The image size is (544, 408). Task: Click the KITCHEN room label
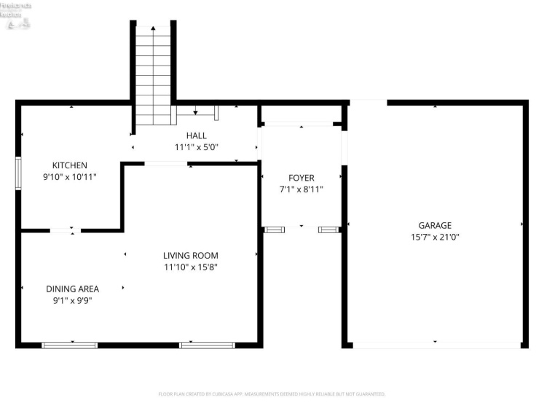[x=70, y=165]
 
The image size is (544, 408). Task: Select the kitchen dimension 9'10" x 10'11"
[x=70, y=176]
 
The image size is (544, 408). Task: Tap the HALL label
[x=196, y=136]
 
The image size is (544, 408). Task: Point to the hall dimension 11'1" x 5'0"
[x=196, y=146]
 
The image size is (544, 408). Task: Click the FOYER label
[x=301, y=178]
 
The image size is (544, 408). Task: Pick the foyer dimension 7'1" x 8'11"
[x=301, y=189]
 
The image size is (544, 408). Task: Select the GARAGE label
[x=435, y=225]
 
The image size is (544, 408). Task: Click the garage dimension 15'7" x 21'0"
[x=435, y=236]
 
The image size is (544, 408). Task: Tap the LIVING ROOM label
[x=190, y=255]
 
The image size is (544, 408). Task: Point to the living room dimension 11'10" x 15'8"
[x=190, y=267]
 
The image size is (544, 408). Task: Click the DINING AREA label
[x=72, y=289]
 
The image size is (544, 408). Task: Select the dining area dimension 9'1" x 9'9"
[x=72, y=299]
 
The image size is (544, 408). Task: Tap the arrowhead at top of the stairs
[x=154, y=28]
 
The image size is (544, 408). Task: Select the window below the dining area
[x=70, y=345]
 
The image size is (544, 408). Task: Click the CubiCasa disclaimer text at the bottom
[x=272, y=394]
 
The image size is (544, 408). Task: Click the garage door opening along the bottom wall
[x=435, y=345]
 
